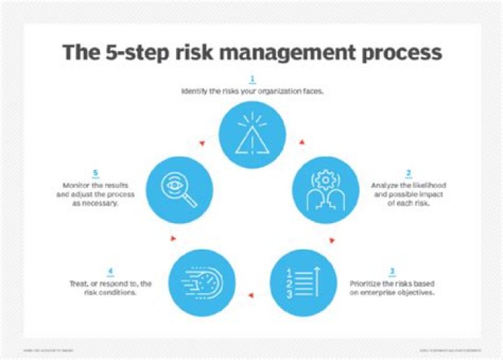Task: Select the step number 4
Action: click(x=110, y=272)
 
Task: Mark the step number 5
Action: click(x=94, y=174)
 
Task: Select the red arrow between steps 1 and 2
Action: click(x=302, y=143)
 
